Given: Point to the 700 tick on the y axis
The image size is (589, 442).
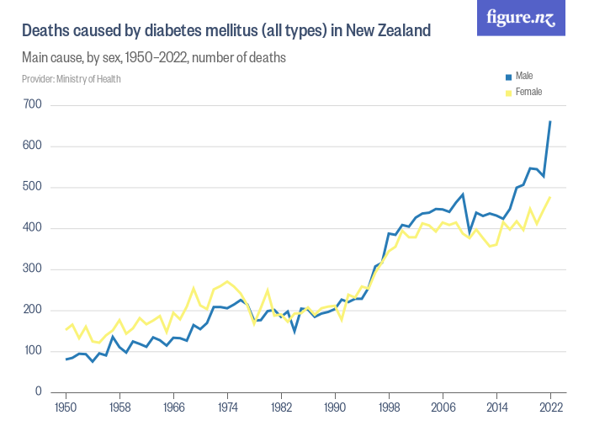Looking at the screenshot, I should pos(33,105).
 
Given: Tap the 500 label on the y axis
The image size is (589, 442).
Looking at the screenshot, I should pos(33,187).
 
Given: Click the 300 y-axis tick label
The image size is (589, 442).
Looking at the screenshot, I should pos(33,269).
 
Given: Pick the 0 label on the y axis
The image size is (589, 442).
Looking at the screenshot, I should pos(39,392).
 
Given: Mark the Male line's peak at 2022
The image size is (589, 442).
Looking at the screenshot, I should pos(550,121).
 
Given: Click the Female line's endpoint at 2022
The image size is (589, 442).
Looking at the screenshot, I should pos(550,198).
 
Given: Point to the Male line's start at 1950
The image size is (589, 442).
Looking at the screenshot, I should pos(66,359).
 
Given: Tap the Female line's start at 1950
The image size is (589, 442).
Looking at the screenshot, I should pos(66,329).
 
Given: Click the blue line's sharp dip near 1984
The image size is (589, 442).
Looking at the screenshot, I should pos(294,332).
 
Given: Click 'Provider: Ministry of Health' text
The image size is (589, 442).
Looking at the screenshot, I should pos(72,79).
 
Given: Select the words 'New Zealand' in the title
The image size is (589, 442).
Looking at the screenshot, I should pos(387,31).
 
